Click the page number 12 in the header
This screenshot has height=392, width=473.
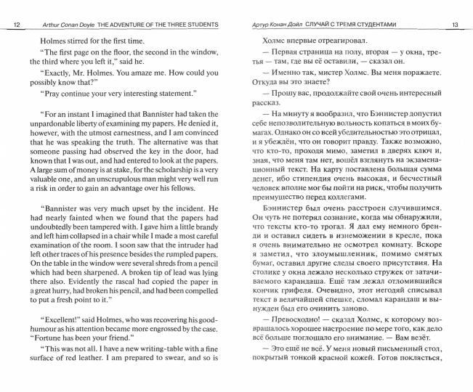pos(17,25)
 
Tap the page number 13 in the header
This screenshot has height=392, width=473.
pos(455,25)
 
